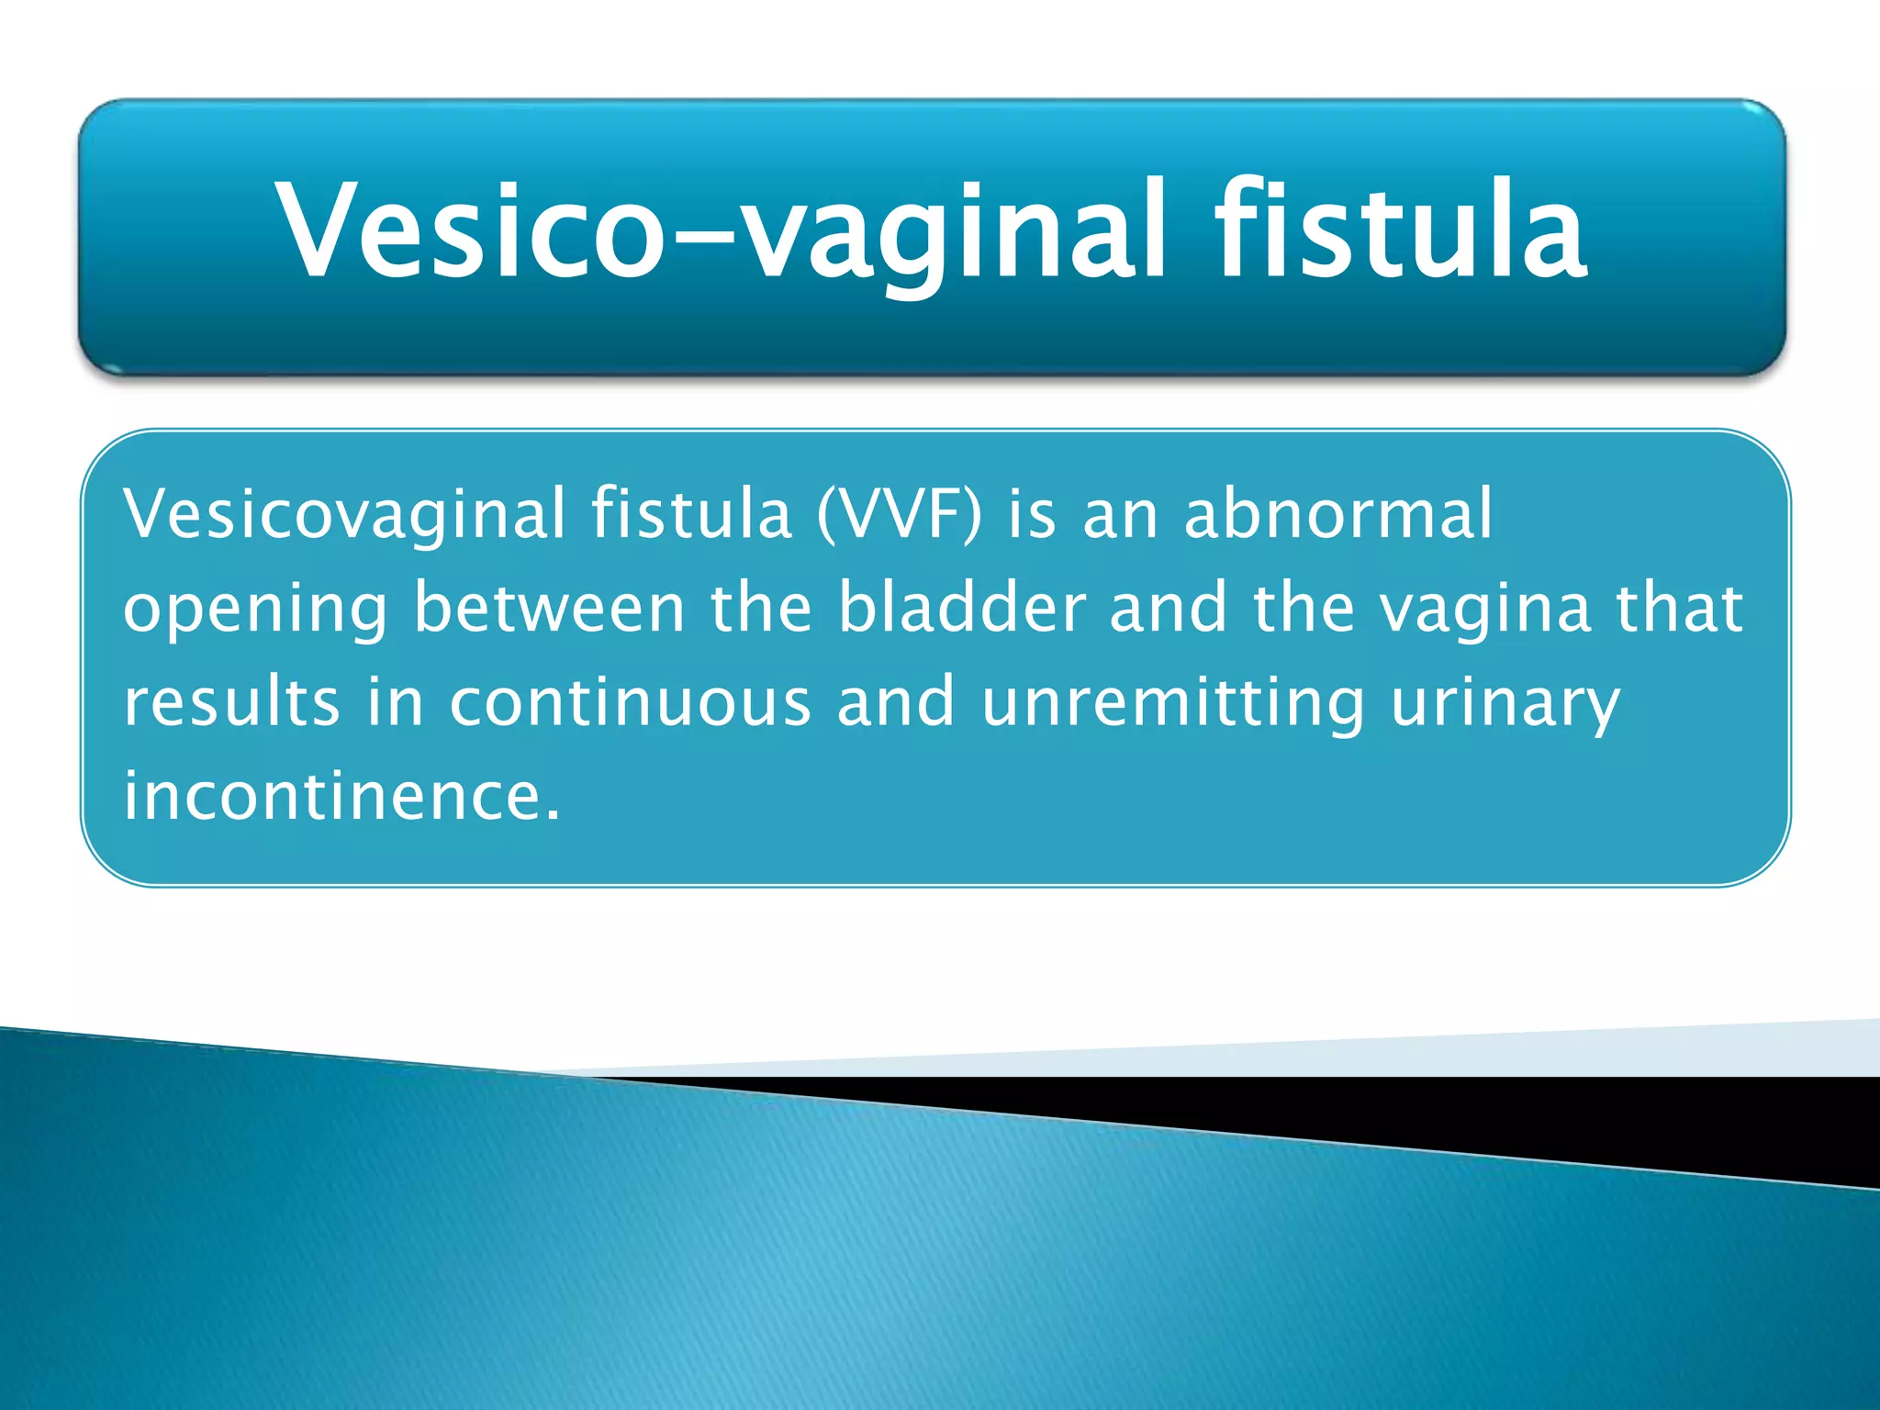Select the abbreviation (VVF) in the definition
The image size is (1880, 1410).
click(899, 514)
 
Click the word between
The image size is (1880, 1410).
click(549, 608)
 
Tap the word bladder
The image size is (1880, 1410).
click(962, 608)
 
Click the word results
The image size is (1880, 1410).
click(231, 702)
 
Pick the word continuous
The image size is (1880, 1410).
click(631, 702)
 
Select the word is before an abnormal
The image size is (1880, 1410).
click(1032, 514)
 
